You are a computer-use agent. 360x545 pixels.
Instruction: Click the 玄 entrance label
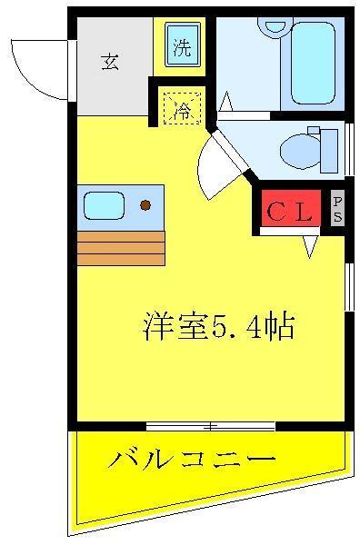[x=110, y=62]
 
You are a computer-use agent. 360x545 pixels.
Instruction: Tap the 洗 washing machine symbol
[x=183, y=45]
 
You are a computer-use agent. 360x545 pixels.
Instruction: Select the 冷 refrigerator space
[x=182, y=107]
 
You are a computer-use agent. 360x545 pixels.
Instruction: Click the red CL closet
[x=290, y=208]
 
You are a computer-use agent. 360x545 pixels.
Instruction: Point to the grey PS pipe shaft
[x=337, y=207]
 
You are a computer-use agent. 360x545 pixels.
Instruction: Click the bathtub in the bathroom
[x=314, y=63]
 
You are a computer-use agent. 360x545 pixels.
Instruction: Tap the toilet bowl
[x=300, y=152]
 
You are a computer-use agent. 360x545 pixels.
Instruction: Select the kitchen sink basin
[x=104, y=205]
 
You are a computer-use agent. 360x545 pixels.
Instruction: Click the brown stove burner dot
[x=145, y=205]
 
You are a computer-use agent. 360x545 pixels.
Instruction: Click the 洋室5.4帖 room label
[x=219, y=327]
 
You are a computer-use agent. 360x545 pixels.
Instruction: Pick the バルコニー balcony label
[x=192, y=460]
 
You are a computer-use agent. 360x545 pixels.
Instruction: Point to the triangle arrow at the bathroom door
[x=226, y=101]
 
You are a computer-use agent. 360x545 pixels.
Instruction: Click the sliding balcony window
[x=211, y=426]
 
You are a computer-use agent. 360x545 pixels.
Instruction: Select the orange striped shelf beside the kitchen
[x=121, y=248]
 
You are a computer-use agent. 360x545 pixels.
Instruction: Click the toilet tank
[x=329, y=151]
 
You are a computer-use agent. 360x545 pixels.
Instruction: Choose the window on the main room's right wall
[x=349, y=287]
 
